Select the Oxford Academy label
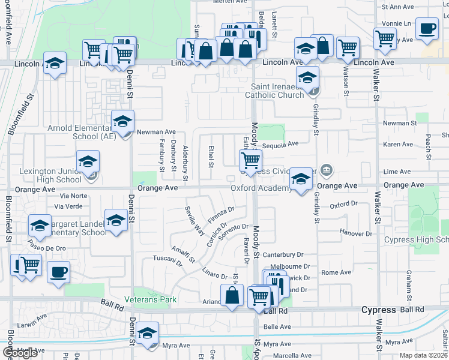(x=261, y=188)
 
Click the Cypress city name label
(x=379, y=310)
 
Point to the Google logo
(x=20, y=352)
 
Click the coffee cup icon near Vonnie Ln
(x=427, y=29)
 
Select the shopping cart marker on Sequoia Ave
(x=250, y=160)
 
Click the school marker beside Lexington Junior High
(x=88, y=162)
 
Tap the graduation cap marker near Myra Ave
(x=147, y=334)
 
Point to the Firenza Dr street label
(x=221, y=214)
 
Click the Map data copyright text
(x=424, y=355)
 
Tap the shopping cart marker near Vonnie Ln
(x=385, y=39)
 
